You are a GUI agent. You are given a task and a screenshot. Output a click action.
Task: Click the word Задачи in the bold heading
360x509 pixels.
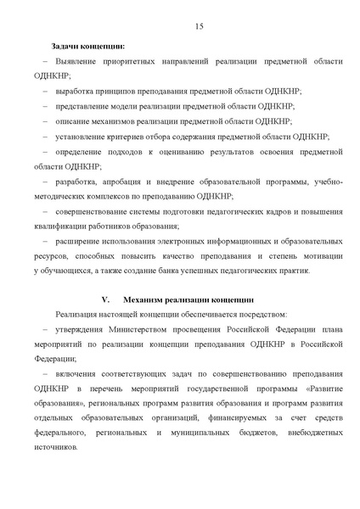pos(67,45)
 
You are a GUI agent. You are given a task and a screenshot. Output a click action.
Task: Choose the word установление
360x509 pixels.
pos(83,137)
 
